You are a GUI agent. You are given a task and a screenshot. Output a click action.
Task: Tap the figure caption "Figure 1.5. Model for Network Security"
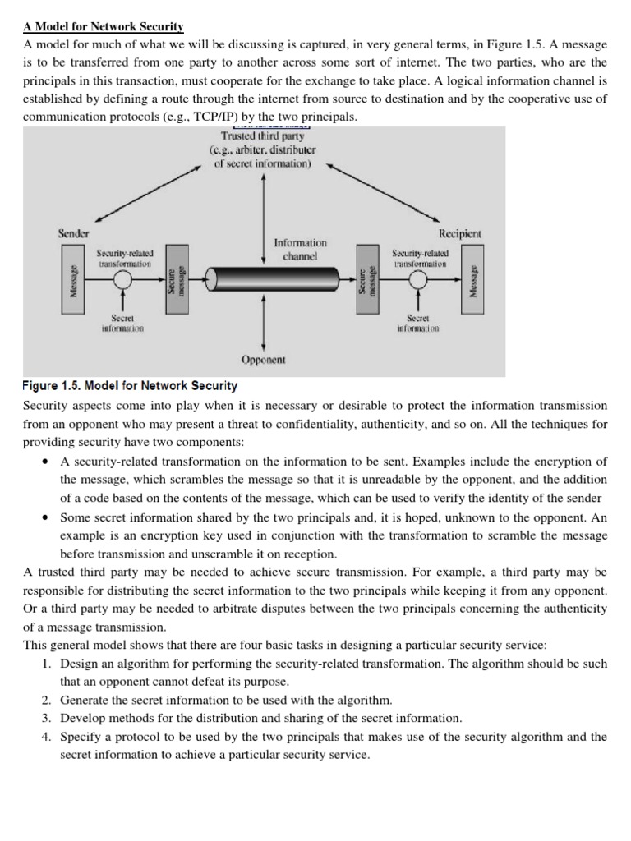click(130, 385)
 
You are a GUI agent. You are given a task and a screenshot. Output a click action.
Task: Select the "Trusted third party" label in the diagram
click(262, 136)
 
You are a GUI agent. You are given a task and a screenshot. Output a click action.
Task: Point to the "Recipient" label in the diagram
click(460, 233)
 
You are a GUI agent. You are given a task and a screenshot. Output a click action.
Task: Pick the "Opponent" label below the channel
click(262, 360)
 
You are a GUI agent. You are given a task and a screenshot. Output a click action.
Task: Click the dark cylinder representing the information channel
click(262, 279)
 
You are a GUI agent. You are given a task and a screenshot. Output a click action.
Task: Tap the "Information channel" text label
click(300, 249)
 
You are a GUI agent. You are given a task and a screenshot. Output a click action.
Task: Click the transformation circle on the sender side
click(124, 279)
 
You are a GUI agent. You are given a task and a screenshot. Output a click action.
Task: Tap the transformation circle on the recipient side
click(419, 279)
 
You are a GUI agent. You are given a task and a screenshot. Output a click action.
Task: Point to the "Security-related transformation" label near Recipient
click(420, 258)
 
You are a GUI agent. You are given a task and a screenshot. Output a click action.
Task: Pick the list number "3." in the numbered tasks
click(47, 718)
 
